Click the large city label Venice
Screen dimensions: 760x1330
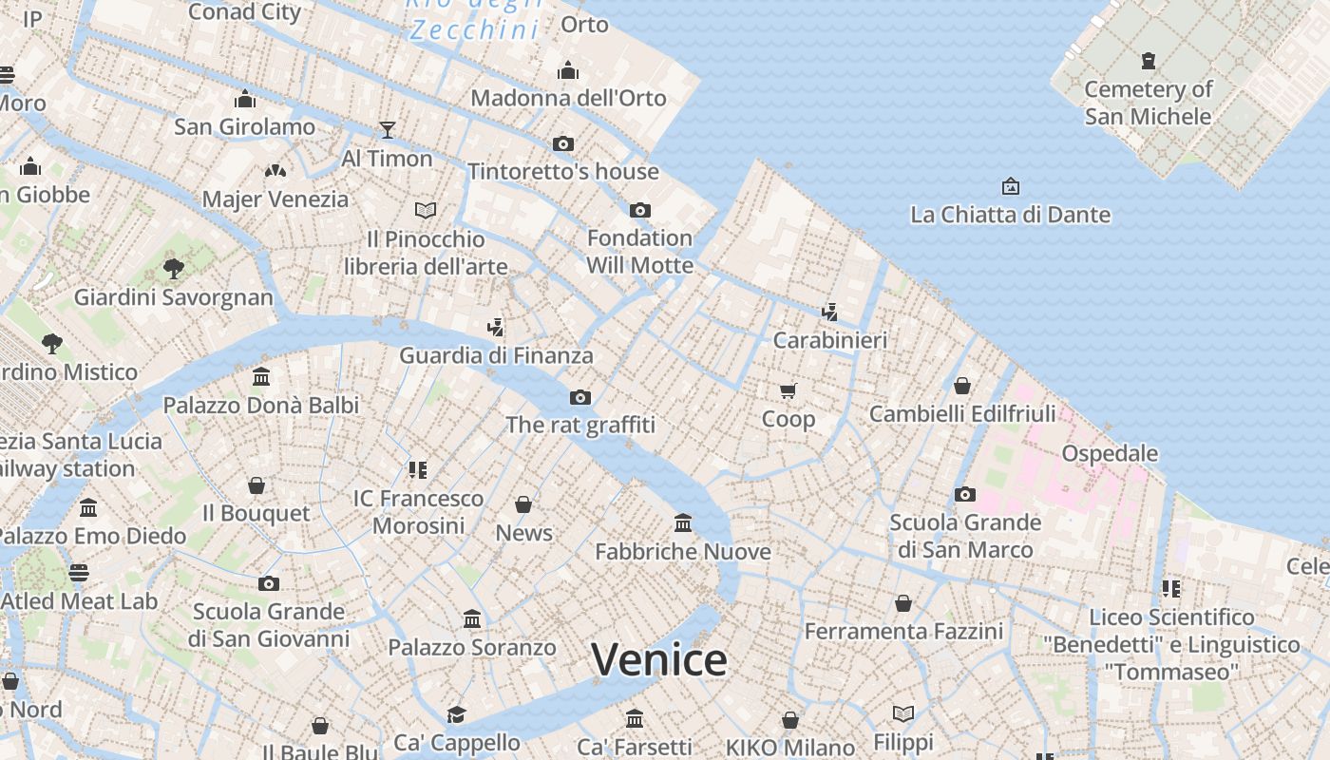pos(659,659)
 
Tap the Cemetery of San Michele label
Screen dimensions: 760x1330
pos(1148,103)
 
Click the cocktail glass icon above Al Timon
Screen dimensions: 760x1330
pos(387,129)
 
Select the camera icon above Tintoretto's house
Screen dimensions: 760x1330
pos(563,143)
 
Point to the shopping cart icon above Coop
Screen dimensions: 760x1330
pos(788,390)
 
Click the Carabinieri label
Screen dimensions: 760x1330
pos(829,340)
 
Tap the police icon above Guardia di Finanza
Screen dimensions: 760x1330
pos(495,328)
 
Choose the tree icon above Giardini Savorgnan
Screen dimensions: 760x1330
pos(173,269)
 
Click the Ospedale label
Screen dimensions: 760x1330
pos(1110,453)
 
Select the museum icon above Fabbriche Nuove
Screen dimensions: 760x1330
pos(682,522)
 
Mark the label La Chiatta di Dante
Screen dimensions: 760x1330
pos(1010,215)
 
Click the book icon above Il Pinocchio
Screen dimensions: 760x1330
pos(426,210)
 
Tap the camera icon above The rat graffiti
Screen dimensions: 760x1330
pos(579,397)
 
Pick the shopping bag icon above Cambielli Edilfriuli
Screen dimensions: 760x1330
pos(962,386)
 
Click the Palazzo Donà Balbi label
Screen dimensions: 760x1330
pos(261,406)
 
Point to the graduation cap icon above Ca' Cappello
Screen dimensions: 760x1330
pos(457,714)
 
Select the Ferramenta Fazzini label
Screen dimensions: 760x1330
pos(903,631)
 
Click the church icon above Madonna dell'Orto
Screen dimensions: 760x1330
pos(568,70)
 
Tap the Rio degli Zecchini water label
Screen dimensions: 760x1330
pos(475,19)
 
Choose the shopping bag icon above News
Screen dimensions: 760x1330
pos(523,504)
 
